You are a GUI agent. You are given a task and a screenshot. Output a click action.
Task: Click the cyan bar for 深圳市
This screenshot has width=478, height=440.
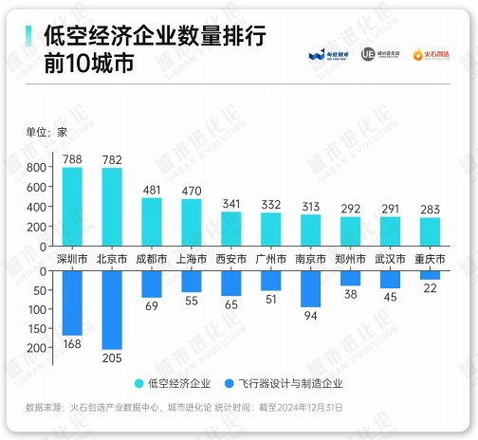point(72,208)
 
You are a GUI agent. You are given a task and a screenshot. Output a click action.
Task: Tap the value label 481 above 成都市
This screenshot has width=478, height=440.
point(152,189)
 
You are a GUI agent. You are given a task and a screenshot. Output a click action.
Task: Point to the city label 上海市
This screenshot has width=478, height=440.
point(192,258)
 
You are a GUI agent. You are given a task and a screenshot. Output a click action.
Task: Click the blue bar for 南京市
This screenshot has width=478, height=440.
point(310,288)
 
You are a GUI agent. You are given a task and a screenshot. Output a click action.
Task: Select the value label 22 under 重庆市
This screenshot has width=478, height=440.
point(430,287)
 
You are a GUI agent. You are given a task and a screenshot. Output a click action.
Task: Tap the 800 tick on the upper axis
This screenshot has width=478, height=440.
point(37,167)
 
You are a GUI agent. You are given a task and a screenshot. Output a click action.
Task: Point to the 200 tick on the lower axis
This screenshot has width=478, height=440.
point(37,348)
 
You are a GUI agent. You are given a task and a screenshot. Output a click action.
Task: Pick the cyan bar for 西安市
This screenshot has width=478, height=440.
point(231,229)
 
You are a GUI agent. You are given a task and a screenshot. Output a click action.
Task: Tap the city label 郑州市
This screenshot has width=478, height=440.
point(351,258)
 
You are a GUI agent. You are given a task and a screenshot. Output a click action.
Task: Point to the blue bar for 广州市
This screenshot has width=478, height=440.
point(270,280)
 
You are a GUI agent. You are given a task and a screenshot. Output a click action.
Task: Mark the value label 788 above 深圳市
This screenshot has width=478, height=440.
point(72,159)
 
